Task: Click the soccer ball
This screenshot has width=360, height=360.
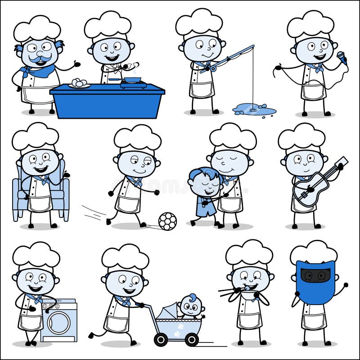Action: tap(167, 221)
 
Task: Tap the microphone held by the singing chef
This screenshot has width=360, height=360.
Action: tap(342, 58)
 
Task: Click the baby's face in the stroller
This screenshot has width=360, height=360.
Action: tap(192, 307)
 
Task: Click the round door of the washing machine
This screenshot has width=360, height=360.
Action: tap(59, 323)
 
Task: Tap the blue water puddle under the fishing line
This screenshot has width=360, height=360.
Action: tap(254, 109)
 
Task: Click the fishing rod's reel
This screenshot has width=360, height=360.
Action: tap(212, 69)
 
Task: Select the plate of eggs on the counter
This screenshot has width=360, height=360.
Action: tap(79, 84)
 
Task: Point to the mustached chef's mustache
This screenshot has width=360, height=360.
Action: tap(40, 58)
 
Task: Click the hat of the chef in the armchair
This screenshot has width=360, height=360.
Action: tap(35, 138)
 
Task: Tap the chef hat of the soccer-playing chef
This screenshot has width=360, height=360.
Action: tap(137, 139)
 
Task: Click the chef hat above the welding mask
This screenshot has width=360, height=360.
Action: tap(314, 253)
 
